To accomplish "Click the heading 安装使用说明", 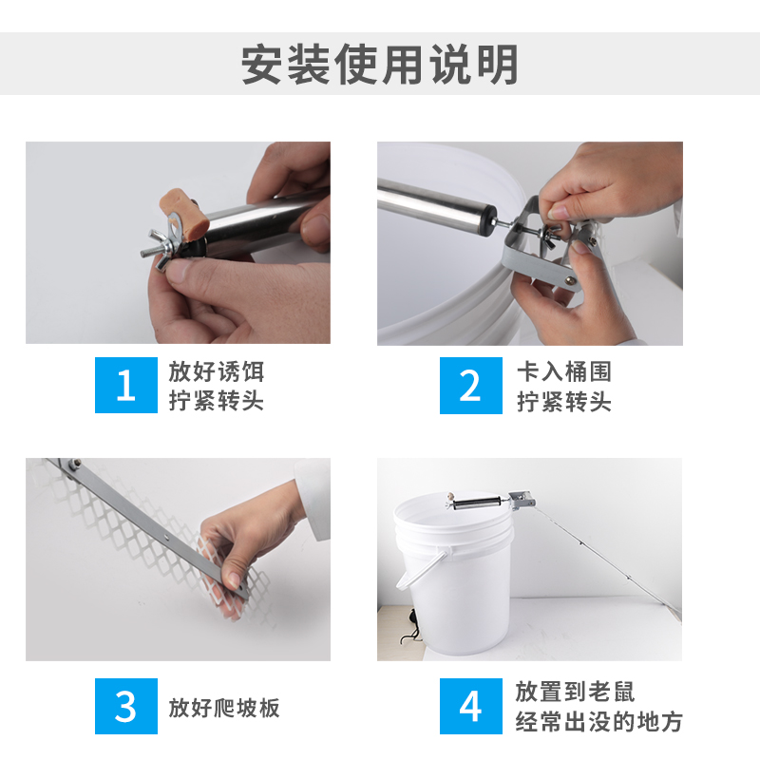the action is click(x=379, y=64).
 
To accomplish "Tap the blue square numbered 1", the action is click(x=126, y=385).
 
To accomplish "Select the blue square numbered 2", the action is click(x=470, y=386).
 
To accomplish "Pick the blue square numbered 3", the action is click(x=126, y=706).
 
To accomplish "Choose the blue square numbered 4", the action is click(x=470, y=706).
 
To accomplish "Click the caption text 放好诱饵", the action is click(x=217, y=371).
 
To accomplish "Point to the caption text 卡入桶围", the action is click(x=564, y=371).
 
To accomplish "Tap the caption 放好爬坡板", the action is click(x=224, y=708).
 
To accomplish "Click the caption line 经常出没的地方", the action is click(x=598, y=722).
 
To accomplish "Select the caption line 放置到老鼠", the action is click(x=575, y=692).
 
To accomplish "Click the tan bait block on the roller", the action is click(x=183, y=213).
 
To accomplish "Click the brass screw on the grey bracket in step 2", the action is click(x=572, y=279).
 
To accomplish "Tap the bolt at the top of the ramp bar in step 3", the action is click(x=74, y=464).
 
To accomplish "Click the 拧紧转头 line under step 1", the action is click(x=217, y=401).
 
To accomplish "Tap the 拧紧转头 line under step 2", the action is click(x=564, y=402).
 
